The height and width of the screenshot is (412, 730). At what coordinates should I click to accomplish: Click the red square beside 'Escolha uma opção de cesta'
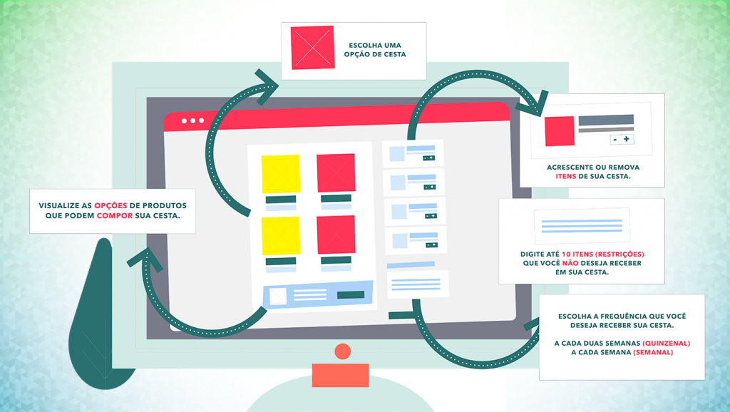click(312, 48)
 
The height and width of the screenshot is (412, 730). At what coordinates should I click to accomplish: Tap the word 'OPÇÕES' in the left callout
click(110, 206)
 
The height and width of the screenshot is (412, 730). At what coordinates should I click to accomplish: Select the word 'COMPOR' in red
click(115, 216)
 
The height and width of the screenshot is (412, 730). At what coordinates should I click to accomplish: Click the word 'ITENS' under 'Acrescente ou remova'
click(565, 177)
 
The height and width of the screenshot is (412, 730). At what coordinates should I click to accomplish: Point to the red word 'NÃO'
click(570, 263)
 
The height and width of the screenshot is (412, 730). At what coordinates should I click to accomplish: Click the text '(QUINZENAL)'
click(667, 343)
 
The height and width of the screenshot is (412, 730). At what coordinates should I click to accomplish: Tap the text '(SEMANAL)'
click(653, 352)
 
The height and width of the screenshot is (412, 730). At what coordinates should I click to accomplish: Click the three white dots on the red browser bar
click(192, 120)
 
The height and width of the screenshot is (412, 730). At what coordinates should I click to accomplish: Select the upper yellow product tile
click(280, 174)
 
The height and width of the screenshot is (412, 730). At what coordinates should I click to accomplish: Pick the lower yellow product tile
click(280, 236)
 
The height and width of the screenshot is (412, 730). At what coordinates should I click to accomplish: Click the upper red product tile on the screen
click(336, 172)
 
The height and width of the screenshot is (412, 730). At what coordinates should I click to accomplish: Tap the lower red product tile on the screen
click(336, 235)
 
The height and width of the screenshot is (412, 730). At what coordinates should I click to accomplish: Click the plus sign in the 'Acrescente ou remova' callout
click(627, 139)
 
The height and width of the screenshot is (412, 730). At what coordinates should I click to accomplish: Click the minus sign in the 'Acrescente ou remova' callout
click(615, 140)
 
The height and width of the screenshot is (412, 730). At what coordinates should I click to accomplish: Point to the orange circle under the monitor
click(343, 351)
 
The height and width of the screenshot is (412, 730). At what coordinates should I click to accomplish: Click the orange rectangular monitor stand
click(340, 375)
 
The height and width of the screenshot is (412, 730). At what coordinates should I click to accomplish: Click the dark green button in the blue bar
click(351, 294)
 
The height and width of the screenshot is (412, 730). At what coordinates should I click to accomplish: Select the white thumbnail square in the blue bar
click(278, 296)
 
